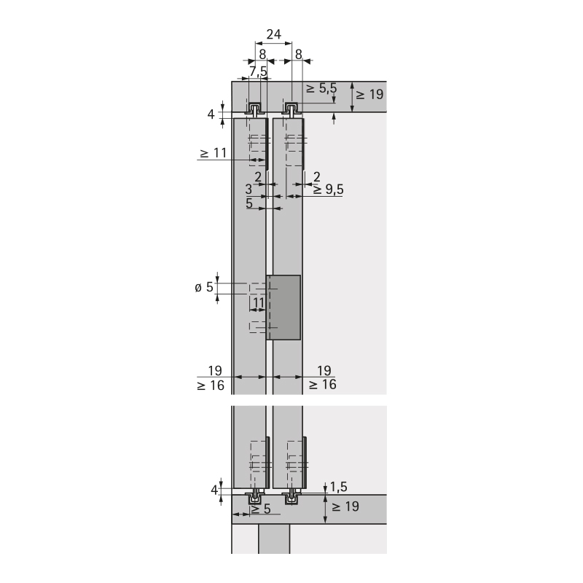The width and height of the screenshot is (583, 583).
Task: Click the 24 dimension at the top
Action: (x=274, y=34)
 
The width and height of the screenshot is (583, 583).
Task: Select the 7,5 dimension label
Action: (x=259, y=71)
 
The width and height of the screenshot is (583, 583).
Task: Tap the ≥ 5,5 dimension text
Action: (x=321, y=88)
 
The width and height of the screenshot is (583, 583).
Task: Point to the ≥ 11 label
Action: (x=213, y=152)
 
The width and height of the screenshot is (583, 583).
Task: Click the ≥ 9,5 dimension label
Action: (x=328, y=189)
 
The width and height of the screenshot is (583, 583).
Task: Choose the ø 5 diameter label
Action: (x=204, y=287)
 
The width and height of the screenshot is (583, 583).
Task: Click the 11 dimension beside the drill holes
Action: (x=259, y=303)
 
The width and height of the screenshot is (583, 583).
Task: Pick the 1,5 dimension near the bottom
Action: (x=338, y=487)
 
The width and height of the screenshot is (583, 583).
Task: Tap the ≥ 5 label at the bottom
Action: (x=261, y=509)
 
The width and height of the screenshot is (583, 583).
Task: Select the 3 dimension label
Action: (x=249, y=189)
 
